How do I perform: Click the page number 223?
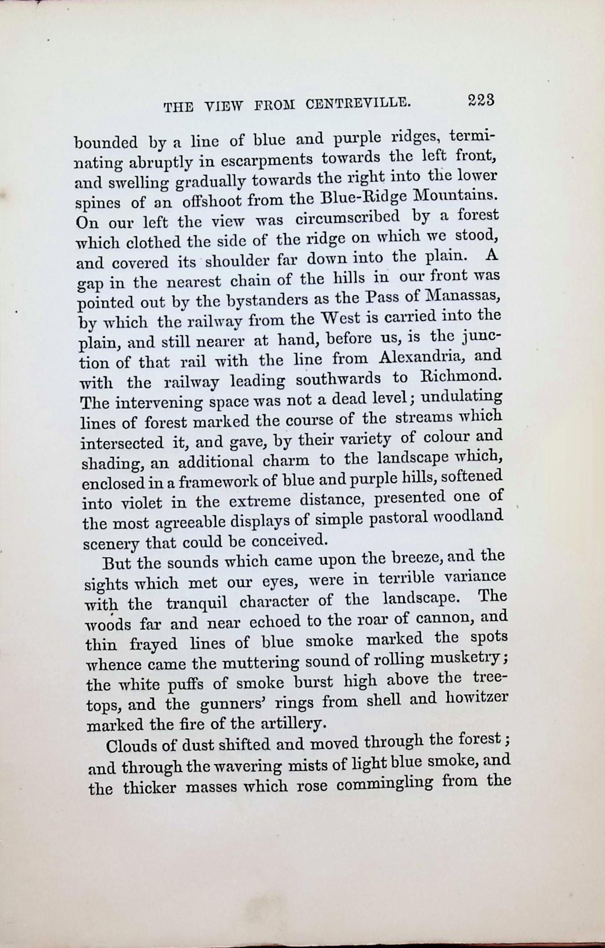(x=481, y=101)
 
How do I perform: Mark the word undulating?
(x=459, y=398)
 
